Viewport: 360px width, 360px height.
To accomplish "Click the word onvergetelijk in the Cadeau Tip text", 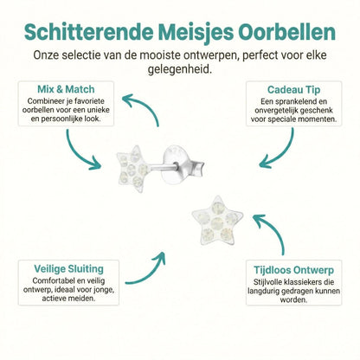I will click(279, 112).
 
